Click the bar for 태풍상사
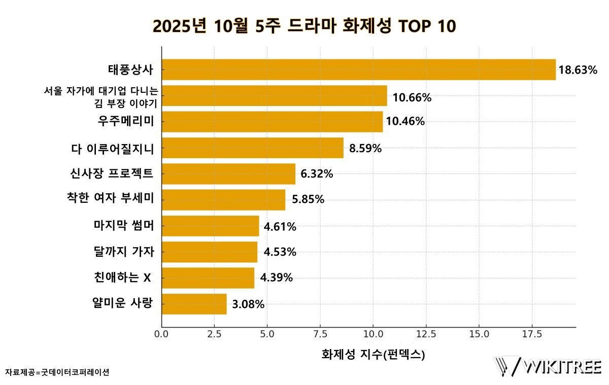pos(358,69)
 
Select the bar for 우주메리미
pos(272,122)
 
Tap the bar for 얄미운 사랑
pos(194,304)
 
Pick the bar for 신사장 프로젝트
pos(228,174)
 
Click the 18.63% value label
pos(578,70)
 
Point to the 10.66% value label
pos(412,97)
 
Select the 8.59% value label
pos(365,149)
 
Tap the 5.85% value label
pos(308,199)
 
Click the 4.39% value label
pos(277,277)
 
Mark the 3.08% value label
pos(248,304)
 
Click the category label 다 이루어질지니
pos(113,149)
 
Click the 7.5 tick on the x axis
pos(320,335)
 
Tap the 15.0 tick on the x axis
pos(479,335)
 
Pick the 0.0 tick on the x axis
pos(161,335)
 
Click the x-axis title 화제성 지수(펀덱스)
pos(373,355)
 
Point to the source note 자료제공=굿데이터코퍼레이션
pos(57,372)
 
